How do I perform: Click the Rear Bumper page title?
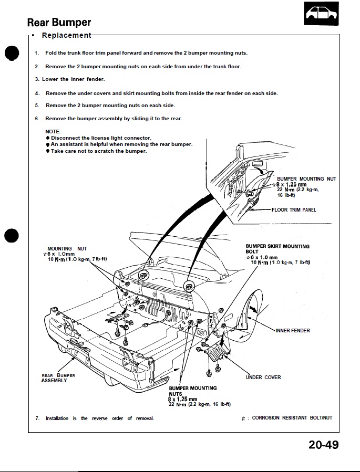coord(59,22)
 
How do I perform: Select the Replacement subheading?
coord(66,35)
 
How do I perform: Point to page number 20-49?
coord(323,445)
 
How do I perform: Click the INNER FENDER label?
coord(293,331)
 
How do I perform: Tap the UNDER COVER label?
coord(263,377)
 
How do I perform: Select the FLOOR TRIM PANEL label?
coord(294,209)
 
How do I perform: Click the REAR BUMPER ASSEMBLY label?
coord(58,378)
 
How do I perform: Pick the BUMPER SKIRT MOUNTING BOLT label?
coord(277,248)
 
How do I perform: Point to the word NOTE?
coord(53,131)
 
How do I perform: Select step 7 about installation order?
coord(95,418)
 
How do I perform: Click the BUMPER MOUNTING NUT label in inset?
coord(306,179)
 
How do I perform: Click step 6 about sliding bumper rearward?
coord(109,119)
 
